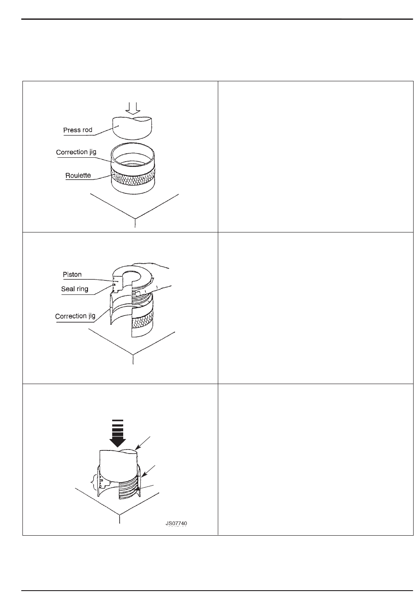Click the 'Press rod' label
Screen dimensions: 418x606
click(x=78, y=130)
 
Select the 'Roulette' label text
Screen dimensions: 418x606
click(x=78, y=175)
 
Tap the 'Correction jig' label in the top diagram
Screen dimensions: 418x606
click(x=76, y=152)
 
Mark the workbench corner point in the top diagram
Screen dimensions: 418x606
click(x=135, y=218)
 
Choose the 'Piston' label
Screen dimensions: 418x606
click(x=73, y=275)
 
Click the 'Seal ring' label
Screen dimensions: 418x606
click(x=74, y=289)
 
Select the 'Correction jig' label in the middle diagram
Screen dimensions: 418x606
click(x=75, y=316)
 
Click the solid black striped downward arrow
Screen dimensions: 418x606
click(x=117, y=433)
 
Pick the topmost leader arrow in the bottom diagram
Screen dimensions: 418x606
click(x=145, y=442)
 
